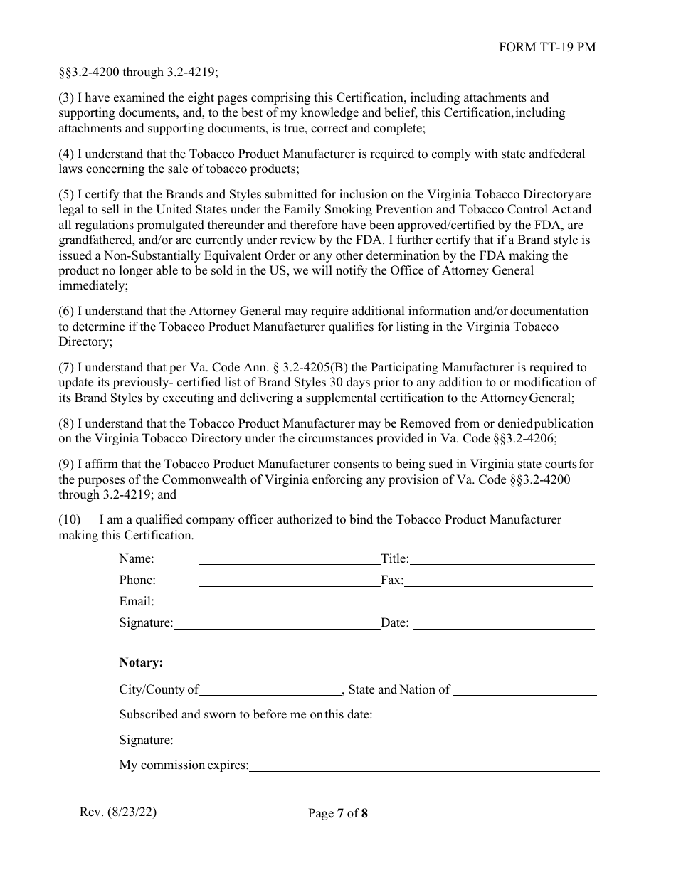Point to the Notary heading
(141, 663)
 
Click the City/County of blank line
(270, 691)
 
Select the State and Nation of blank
(524, 691)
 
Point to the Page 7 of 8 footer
(338, 814)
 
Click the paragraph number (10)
(70, 520)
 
